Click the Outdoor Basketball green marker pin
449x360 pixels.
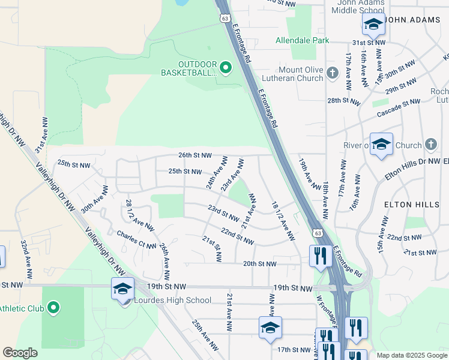point(226,67)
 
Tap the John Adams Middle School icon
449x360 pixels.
point(373,25)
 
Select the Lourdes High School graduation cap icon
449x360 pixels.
point(122,289)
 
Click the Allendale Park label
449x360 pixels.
point(303,41)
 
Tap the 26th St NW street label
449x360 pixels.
point(195,155)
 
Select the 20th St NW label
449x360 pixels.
point(259,263)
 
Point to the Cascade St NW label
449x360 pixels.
point(399,109)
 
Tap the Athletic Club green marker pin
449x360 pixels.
point(53,309)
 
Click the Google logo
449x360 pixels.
point(20,353)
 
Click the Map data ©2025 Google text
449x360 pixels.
point(411,355)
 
